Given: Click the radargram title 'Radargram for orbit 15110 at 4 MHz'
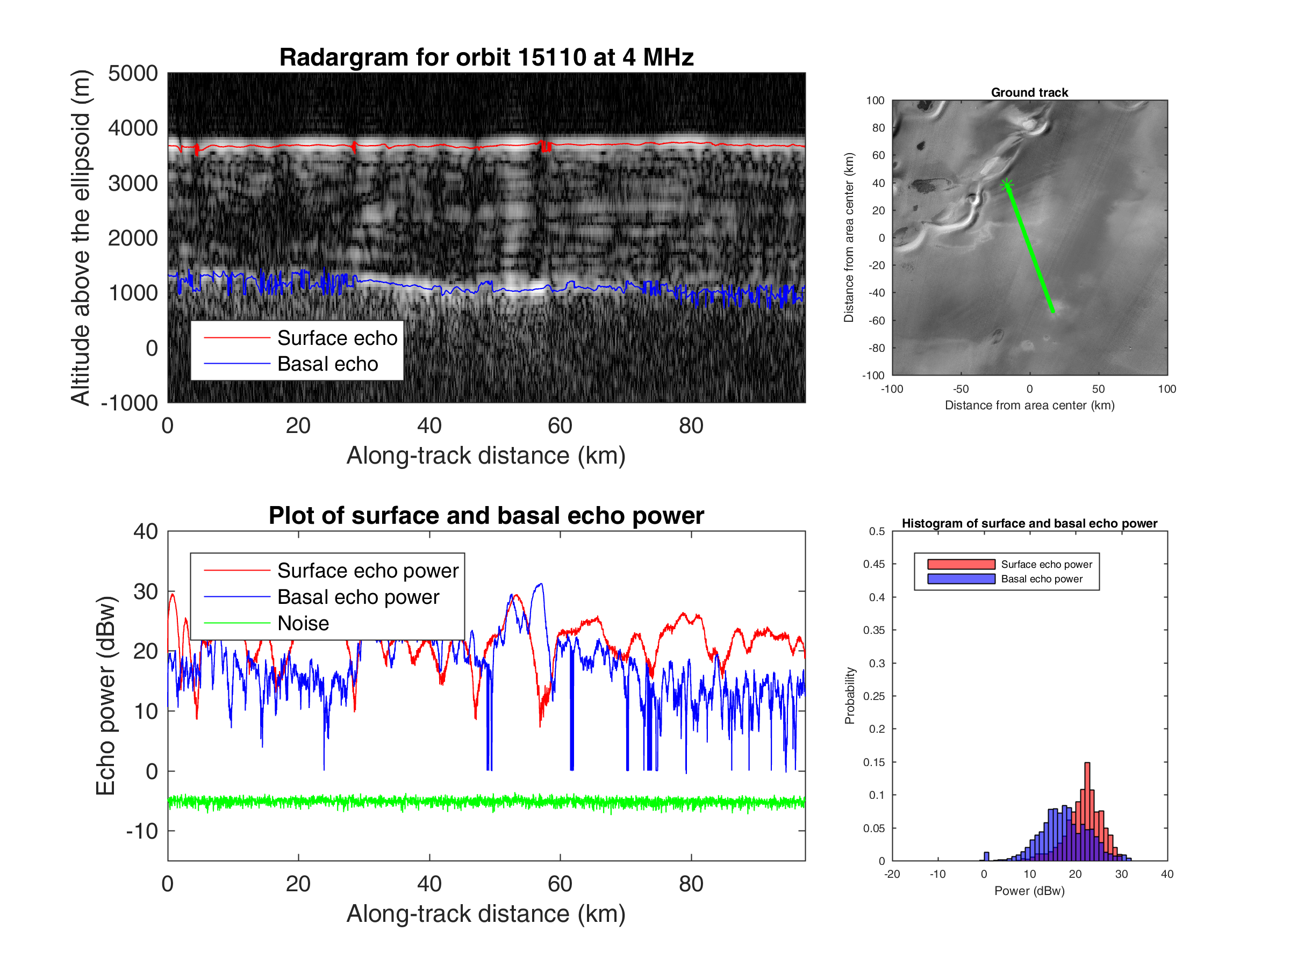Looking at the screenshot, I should click(486, 57).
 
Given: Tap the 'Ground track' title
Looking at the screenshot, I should click(1029, 92).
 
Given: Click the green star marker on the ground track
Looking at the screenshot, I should click(1007, 185).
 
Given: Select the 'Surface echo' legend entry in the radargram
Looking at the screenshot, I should click(336, 338).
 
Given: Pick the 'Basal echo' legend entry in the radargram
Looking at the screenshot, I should click(327, 364).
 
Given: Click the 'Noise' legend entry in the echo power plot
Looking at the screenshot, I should click(303, 623).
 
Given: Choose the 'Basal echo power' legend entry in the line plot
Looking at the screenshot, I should click(357, 597).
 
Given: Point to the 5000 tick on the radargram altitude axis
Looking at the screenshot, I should click(133, 74).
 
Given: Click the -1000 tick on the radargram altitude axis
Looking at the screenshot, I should click(130, 403).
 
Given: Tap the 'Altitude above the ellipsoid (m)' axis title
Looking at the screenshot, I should click(81, 237).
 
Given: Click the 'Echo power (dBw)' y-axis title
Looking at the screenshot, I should click(105, 695).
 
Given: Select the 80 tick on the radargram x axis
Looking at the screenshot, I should click(691, 426).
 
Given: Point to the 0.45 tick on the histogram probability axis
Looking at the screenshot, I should click(873, 564).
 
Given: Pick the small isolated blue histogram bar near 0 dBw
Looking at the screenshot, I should click(986, 856).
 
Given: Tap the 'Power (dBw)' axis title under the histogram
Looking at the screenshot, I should click(1029, 891).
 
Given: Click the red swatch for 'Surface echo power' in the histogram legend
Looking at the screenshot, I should click(961, 564).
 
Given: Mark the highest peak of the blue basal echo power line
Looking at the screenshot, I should click(541, 584).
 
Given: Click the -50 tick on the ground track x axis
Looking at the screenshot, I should click(961, 389).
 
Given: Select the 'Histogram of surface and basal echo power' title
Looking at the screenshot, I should click(1029, 523).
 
